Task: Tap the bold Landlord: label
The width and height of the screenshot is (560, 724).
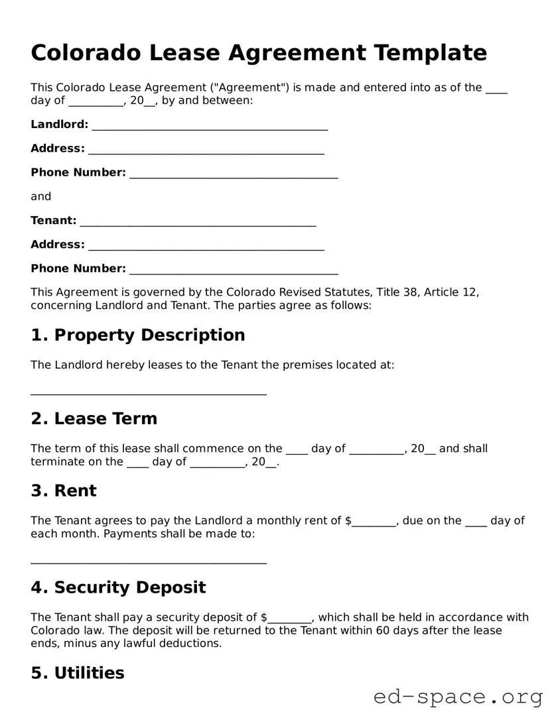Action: [x=59, y=125]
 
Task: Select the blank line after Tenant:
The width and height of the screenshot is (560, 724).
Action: [x=198, y=221]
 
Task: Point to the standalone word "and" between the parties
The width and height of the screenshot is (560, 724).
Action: [x=40, y=196]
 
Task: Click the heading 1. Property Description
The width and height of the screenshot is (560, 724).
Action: [x=138, y=335]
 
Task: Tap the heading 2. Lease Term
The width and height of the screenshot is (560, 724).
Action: [x=94, y=418]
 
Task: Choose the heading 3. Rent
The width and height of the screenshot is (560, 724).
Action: [x=64, y=491]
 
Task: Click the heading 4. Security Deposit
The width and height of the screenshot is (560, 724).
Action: [x=118, y=587]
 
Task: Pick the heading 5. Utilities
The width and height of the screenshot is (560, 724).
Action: [x=78, y=673]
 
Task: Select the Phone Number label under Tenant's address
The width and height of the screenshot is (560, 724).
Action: [x=78, y=269]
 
